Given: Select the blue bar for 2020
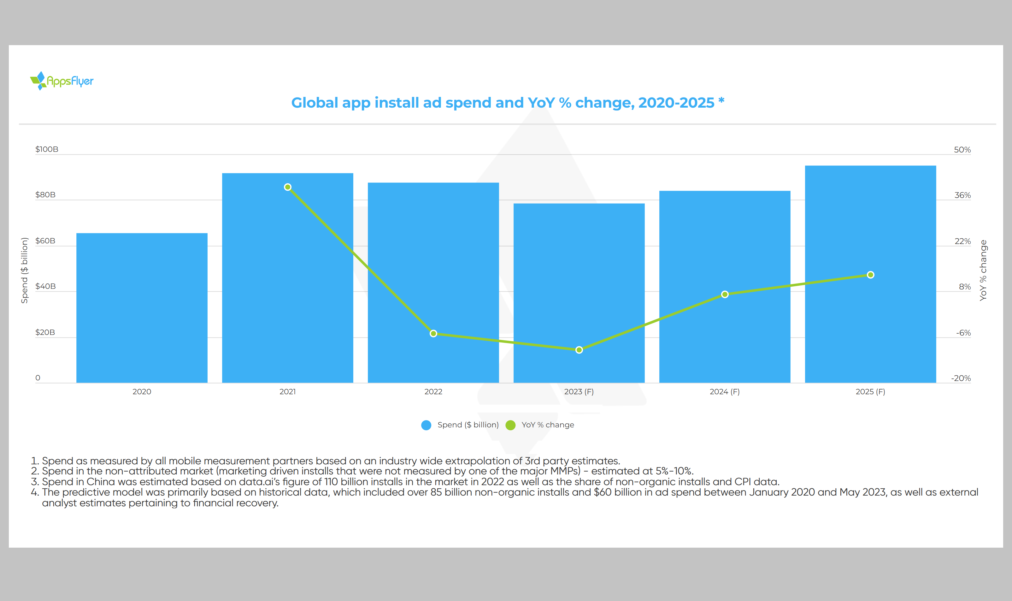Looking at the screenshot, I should pyautogui.click(x=142, y=308).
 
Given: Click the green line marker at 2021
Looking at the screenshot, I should pyautogui.click(x=288, y=187).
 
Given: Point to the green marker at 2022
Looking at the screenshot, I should pyautogui.click(x=433, y=333).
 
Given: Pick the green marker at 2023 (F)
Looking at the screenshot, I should pyautogui.click(x=579, y=350).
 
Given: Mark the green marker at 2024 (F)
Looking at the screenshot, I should pyautogui.click(x=725, y=295).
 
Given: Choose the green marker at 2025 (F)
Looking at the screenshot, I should pyautogui.click(x=870, y=275).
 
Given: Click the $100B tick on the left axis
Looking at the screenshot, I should pyautogui.click(x=47, y=149).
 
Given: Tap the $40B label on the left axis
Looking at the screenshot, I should pyautogui.click(x=45, y=286).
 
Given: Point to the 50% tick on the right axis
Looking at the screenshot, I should pyautogui.click(x=962, y=150).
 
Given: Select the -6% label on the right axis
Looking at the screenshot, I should pyautogui.click(x=963, y=333).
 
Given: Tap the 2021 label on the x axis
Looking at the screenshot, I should pyautogui.click(x=287, y=392).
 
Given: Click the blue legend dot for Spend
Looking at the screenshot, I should pyautogui.click(x=426, y=425).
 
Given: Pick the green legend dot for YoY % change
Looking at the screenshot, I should pyautogui.click(x=511, y=425).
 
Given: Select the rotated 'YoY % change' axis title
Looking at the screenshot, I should pyautogui.click(x=983, y=270).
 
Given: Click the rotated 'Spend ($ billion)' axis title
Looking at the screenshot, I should pyautogui.click(x=25, y=270).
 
